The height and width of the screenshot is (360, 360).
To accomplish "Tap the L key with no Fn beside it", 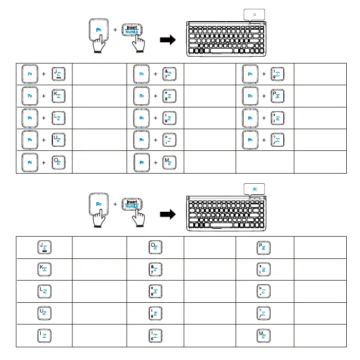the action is [42, 291].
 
